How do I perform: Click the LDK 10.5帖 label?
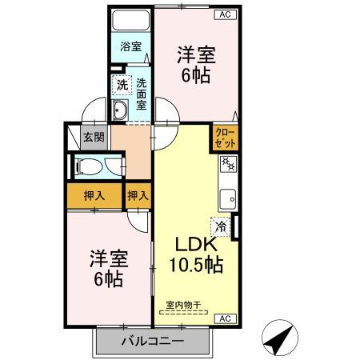click(x=195, y=253)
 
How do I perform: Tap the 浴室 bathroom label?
click(x=130, y=46)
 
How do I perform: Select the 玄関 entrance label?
click(x=94, y=137)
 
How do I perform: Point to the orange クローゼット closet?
click(x=223, y=138)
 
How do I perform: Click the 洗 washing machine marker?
click(x=122, y=84)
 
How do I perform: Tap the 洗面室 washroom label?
click(x=141, y=93)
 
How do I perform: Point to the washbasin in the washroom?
click(x=122, y=110)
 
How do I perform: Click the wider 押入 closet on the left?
click(x=94, y=195)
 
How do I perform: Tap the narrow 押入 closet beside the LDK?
click(x=138, y=195)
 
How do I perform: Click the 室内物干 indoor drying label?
click(x=183, y=304)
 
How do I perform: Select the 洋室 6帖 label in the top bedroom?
click(x=195, y=64)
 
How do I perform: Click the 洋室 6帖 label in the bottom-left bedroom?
click(x=106, y=269)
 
